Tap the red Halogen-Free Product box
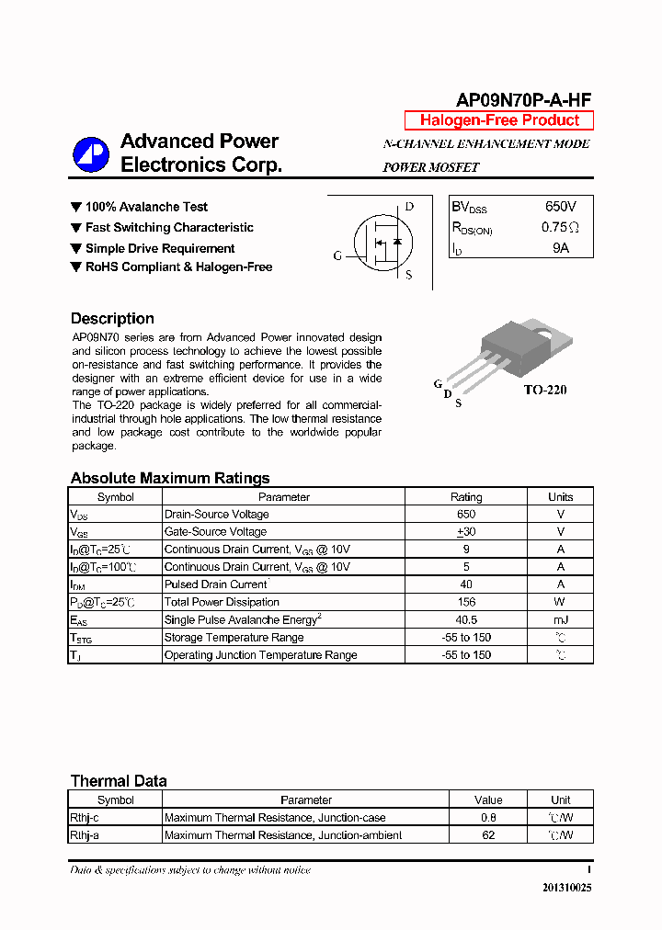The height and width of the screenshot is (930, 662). (499, 120)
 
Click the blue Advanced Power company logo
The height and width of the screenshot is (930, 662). (91, 154)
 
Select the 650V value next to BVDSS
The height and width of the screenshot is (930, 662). (561, 208)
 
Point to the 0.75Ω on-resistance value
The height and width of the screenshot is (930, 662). (560, 228)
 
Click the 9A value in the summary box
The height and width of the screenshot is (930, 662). (561, 248)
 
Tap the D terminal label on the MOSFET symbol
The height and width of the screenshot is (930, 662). (409, 207)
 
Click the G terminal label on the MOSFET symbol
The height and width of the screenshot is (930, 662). (337, 256)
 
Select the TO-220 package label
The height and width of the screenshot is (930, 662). (545, 390)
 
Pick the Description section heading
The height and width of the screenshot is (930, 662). (112, 319)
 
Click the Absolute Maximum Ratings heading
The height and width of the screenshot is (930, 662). (170, 478)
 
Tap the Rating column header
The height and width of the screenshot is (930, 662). (465, 497)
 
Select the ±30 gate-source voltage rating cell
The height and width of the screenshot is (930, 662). (465, 532)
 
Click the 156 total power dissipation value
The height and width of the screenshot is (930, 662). (465, 602)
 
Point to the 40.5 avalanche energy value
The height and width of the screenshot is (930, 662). (465, 620)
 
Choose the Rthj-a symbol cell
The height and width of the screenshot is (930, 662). (85, 835)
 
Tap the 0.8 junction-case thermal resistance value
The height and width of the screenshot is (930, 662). (488, 818)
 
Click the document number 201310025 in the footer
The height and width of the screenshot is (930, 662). (567, 888)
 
